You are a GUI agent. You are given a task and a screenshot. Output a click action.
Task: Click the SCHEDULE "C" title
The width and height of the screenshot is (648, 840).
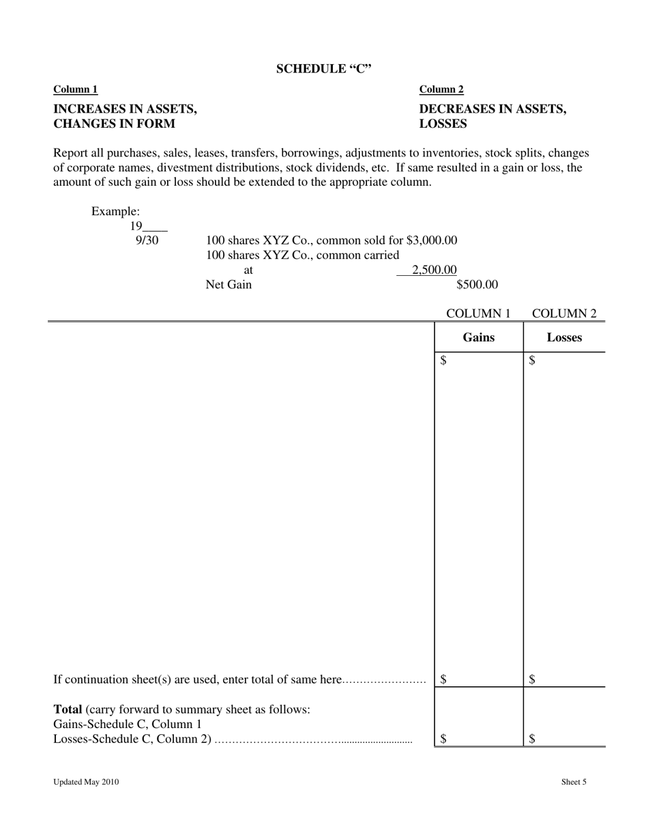click(x=324, y=69)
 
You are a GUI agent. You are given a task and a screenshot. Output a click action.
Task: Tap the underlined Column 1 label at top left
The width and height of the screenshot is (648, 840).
click(x=76, y=89)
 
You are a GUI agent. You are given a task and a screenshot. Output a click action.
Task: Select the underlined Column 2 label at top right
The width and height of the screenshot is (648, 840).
click(x=441, y=89)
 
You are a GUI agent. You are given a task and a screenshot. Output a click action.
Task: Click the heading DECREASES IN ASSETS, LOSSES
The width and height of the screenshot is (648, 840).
click(x=492, y=116)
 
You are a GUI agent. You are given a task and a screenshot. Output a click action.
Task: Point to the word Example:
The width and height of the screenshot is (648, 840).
click(x=116, y=212)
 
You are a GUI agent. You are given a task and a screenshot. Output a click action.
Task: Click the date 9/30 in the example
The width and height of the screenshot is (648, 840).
click(x=147, y=240)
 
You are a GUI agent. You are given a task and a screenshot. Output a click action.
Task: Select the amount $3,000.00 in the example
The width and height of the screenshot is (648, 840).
click(x=432, y=240)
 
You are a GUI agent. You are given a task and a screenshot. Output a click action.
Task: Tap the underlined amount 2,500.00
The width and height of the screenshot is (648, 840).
click(x=434, y=270)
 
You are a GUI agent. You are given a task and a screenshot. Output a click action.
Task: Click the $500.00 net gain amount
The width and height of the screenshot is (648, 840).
click(x=477, y=285)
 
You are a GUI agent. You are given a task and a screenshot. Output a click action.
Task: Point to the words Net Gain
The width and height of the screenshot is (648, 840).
click(x=229, y=285)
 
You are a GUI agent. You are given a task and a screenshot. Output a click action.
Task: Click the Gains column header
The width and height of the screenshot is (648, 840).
click(x=479, y=337)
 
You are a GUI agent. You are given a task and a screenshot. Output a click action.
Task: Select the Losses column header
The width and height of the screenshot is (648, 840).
click(x=564, y=337)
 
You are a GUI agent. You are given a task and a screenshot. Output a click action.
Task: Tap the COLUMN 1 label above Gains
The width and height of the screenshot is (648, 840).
click(x=478, y=313)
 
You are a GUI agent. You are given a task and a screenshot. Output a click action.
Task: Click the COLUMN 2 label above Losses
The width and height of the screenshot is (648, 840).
click(x=564, y=313)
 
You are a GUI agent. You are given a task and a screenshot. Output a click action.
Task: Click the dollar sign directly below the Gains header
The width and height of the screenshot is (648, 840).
click(x=444, y=361)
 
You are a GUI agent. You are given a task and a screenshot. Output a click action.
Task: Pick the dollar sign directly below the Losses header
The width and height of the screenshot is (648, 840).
click(x=532, y=361)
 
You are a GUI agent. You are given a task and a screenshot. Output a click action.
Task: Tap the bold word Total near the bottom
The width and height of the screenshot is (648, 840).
click(x=68, y=710)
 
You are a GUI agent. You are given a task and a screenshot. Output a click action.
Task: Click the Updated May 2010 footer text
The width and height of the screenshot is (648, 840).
click(x=86, y=783)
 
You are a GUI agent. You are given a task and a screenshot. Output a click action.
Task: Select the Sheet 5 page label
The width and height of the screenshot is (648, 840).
click(x=574, y=783)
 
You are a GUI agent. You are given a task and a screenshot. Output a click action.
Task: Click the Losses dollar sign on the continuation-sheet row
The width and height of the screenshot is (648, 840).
click(x=532, y=680)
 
